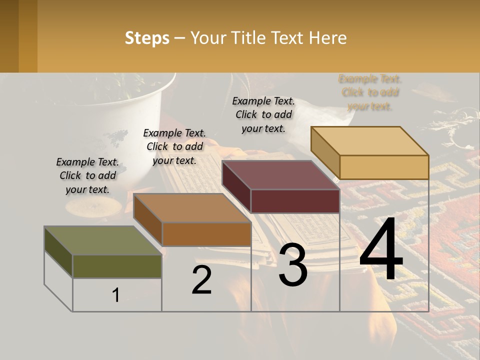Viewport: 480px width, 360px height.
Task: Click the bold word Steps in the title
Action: click(147, 38)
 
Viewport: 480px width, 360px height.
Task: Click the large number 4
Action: click(381, 250)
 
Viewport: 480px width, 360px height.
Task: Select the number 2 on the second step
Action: click(201, 280)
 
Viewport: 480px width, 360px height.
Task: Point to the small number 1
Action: click(115, 295)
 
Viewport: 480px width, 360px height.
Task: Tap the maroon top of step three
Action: click(280, 175)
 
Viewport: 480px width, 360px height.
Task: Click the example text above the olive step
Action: click(87, 175)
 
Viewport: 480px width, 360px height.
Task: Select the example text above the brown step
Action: click(174, 146)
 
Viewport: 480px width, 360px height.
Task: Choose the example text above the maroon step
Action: click(263, 114)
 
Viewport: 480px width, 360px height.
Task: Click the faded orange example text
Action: click(370, 92)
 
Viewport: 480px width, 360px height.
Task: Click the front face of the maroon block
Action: click(295, 201)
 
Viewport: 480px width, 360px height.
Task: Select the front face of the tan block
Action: click(384, 167)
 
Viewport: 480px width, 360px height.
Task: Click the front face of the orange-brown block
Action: click(206, 234)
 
